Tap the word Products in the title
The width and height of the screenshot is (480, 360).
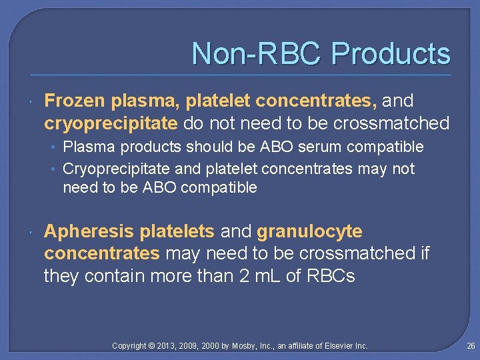click(391, 54)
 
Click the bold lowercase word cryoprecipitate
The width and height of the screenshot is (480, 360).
click(111, 123)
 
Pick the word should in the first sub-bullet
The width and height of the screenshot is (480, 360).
click(209, 147)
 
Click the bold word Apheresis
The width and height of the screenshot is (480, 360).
click(89, 231)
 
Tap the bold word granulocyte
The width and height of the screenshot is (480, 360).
click(309, 231)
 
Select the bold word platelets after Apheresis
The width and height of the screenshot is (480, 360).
click(177, 231)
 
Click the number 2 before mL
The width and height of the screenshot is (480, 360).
click(245, 276)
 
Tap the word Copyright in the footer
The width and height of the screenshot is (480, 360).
click(130, 346)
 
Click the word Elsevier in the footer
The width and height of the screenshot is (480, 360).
click(338, 346)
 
